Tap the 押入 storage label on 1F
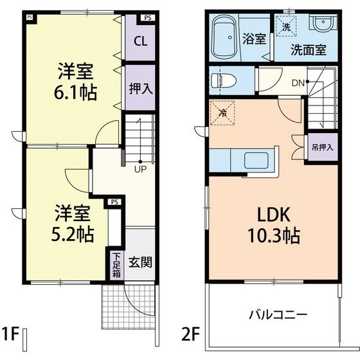click(x=140, y=88)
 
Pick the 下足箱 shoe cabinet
click(x=116, y=265)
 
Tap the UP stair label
click(x=139, y=170)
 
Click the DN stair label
click(x=298, y=82)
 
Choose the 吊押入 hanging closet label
click(x=322, y=147)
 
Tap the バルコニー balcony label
click(x=278, y=315)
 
